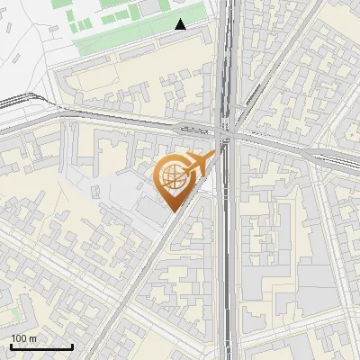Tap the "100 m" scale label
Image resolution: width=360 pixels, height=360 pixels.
pos(23,338)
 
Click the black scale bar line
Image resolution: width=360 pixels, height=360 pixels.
pos(41,346)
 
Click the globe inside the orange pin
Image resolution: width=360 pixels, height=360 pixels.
pos(171,177)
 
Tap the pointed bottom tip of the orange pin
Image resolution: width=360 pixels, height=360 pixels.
pos(171,210)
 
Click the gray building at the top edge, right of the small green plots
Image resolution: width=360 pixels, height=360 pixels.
pos(148,8)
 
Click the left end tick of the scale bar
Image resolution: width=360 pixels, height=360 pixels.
pos(10,346)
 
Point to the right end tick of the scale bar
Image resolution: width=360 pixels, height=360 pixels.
pos(73,346)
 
